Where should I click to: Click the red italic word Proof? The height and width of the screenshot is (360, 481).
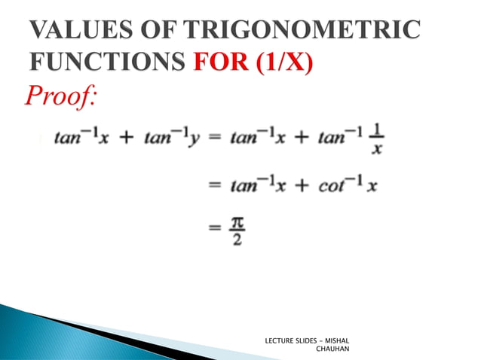tap(62, 97)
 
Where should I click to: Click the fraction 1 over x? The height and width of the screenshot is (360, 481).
tap(377, 141)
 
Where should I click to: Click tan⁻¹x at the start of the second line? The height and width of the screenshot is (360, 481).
tap(256, 185)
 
